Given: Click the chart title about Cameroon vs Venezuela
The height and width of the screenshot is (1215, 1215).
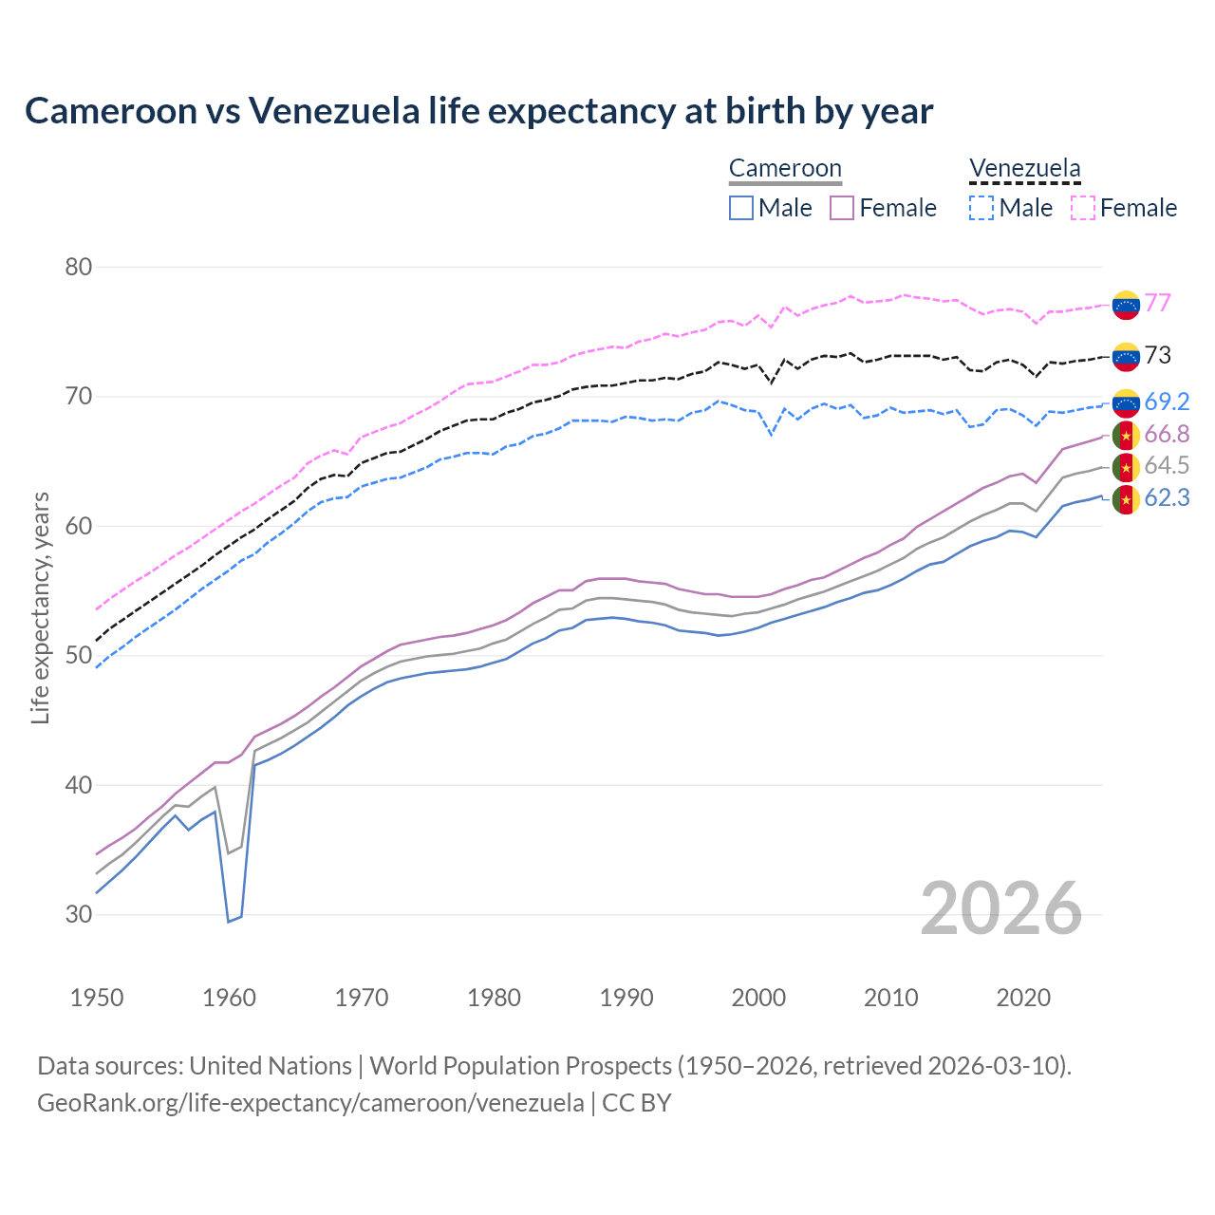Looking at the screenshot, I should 478,111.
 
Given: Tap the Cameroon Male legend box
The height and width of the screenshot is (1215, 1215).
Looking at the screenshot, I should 741,208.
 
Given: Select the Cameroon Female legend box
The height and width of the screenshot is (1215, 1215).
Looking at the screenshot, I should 842,208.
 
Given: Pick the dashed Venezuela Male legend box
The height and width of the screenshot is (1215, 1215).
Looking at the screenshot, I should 981,208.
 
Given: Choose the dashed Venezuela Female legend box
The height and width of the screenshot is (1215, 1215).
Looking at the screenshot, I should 1083,208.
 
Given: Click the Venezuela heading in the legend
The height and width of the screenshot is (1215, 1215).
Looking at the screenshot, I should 1024,169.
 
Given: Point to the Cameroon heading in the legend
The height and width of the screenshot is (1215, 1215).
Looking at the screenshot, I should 785,169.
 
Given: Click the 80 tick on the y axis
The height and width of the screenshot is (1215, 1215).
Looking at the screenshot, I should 79,267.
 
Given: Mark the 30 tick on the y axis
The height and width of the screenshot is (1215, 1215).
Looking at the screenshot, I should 79,914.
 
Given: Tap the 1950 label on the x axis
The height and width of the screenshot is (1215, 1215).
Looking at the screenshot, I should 97,998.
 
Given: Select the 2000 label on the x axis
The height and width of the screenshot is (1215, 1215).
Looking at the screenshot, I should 758,998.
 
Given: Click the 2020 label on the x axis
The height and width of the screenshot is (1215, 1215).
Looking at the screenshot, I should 1023,998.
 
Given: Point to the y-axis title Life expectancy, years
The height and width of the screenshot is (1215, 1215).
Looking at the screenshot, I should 41,607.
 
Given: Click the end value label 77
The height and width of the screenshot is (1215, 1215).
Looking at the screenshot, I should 1157,303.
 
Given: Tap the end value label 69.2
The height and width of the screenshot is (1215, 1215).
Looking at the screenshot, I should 1167,402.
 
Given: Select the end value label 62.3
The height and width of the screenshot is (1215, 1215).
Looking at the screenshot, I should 1167,497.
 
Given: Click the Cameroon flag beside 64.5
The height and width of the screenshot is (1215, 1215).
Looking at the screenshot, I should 1126,467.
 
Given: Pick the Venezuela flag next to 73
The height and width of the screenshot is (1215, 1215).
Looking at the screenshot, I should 1126,356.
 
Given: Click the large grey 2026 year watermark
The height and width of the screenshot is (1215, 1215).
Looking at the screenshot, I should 1000,908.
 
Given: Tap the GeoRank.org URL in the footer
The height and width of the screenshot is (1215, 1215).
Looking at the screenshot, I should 310,1103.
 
